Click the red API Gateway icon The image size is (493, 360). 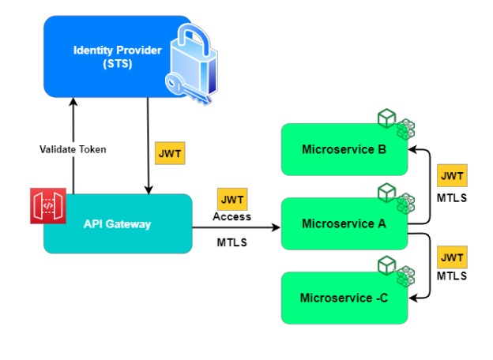47,206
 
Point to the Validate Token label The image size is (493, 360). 73,149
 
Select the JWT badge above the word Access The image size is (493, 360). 231,200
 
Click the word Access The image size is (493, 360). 231,216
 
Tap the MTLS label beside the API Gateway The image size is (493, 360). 231,242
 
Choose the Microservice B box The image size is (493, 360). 344,149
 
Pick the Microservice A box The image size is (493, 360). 344,223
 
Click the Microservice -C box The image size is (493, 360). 344,298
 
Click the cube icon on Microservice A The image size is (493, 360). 395,197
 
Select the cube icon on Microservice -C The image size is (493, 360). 395,270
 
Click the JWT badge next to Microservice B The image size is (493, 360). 451,175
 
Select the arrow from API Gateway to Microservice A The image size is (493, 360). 237,227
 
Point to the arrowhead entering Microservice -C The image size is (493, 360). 412,298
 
